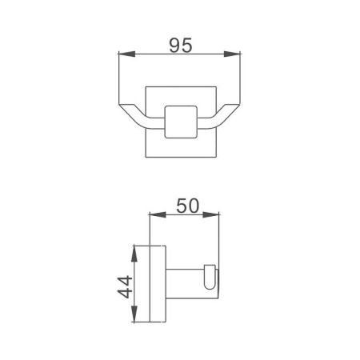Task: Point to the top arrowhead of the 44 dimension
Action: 138,246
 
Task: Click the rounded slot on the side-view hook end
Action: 210,278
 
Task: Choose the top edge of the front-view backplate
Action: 180,83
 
